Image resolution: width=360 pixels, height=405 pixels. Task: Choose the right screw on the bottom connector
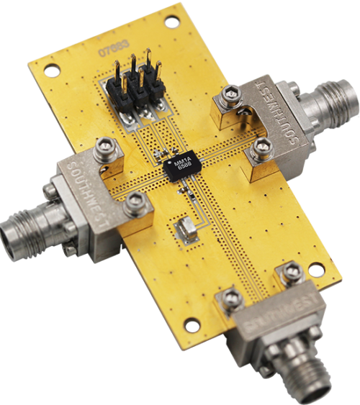[291, 272]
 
